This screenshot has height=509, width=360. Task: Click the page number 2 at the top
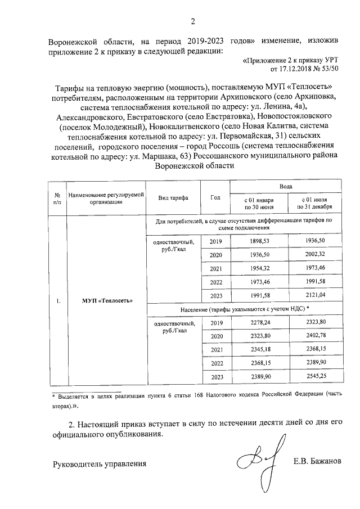click(x=193, y=22)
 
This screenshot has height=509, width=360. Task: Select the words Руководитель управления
click(x=100, y=464)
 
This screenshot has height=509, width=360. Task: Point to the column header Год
click(x=215, y=198)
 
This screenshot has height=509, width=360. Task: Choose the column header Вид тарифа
click(x=173, y=198)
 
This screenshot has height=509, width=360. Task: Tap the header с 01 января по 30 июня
click(x=259, y=204)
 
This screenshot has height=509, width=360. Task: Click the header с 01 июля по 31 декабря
click(x=314, y=204)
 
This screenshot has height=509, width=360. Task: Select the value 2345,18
click(x=259, y=349)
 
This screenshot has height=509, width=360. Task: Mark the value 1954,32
click(x=259, y=268)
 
